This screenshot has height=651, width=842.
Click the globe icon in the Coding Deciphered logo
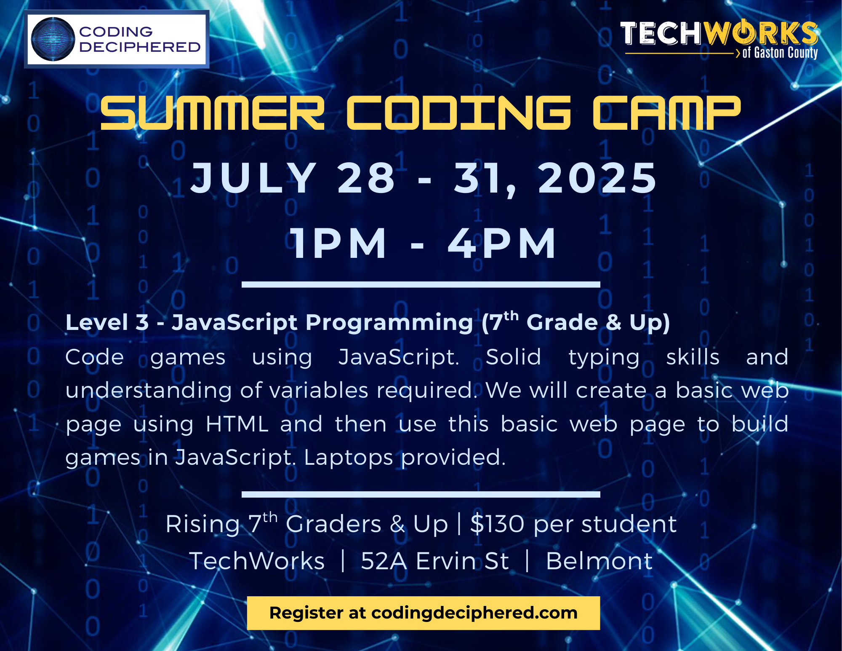coord(53,39)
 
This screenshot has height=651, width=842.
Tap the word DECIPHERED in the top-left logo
coord(140,47)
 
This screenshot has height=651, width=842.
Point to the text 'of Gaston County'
coord(780,53)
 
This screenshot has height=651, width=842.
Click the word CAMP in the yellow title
coord(666,113)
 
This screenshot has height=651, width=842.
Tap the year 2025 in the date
coord(597,178)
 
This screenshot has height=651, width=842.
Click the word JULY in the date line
coord(253,178)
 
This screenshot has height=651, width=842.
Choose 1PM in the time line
coord(338,243)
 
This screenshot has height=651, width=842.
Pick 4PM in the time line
coord(502,243)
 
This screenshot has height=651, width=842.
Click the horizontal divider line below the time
coord(421,285)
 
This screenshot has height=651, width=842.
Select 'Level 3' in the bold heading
coord(107,322)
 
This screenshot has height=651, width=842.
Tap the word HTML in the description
coord(237,424)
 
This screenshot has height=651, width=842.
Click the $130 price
coord(498,524)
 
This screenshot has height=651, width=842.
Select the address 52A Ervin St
coord(435,561)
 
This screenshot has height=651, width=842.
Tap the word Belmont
coord(599,561)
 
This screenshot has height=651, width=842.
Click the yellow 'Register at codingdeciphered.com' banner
coord(424,613)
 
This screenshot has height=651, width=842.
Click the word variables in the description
coord(319,390)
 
